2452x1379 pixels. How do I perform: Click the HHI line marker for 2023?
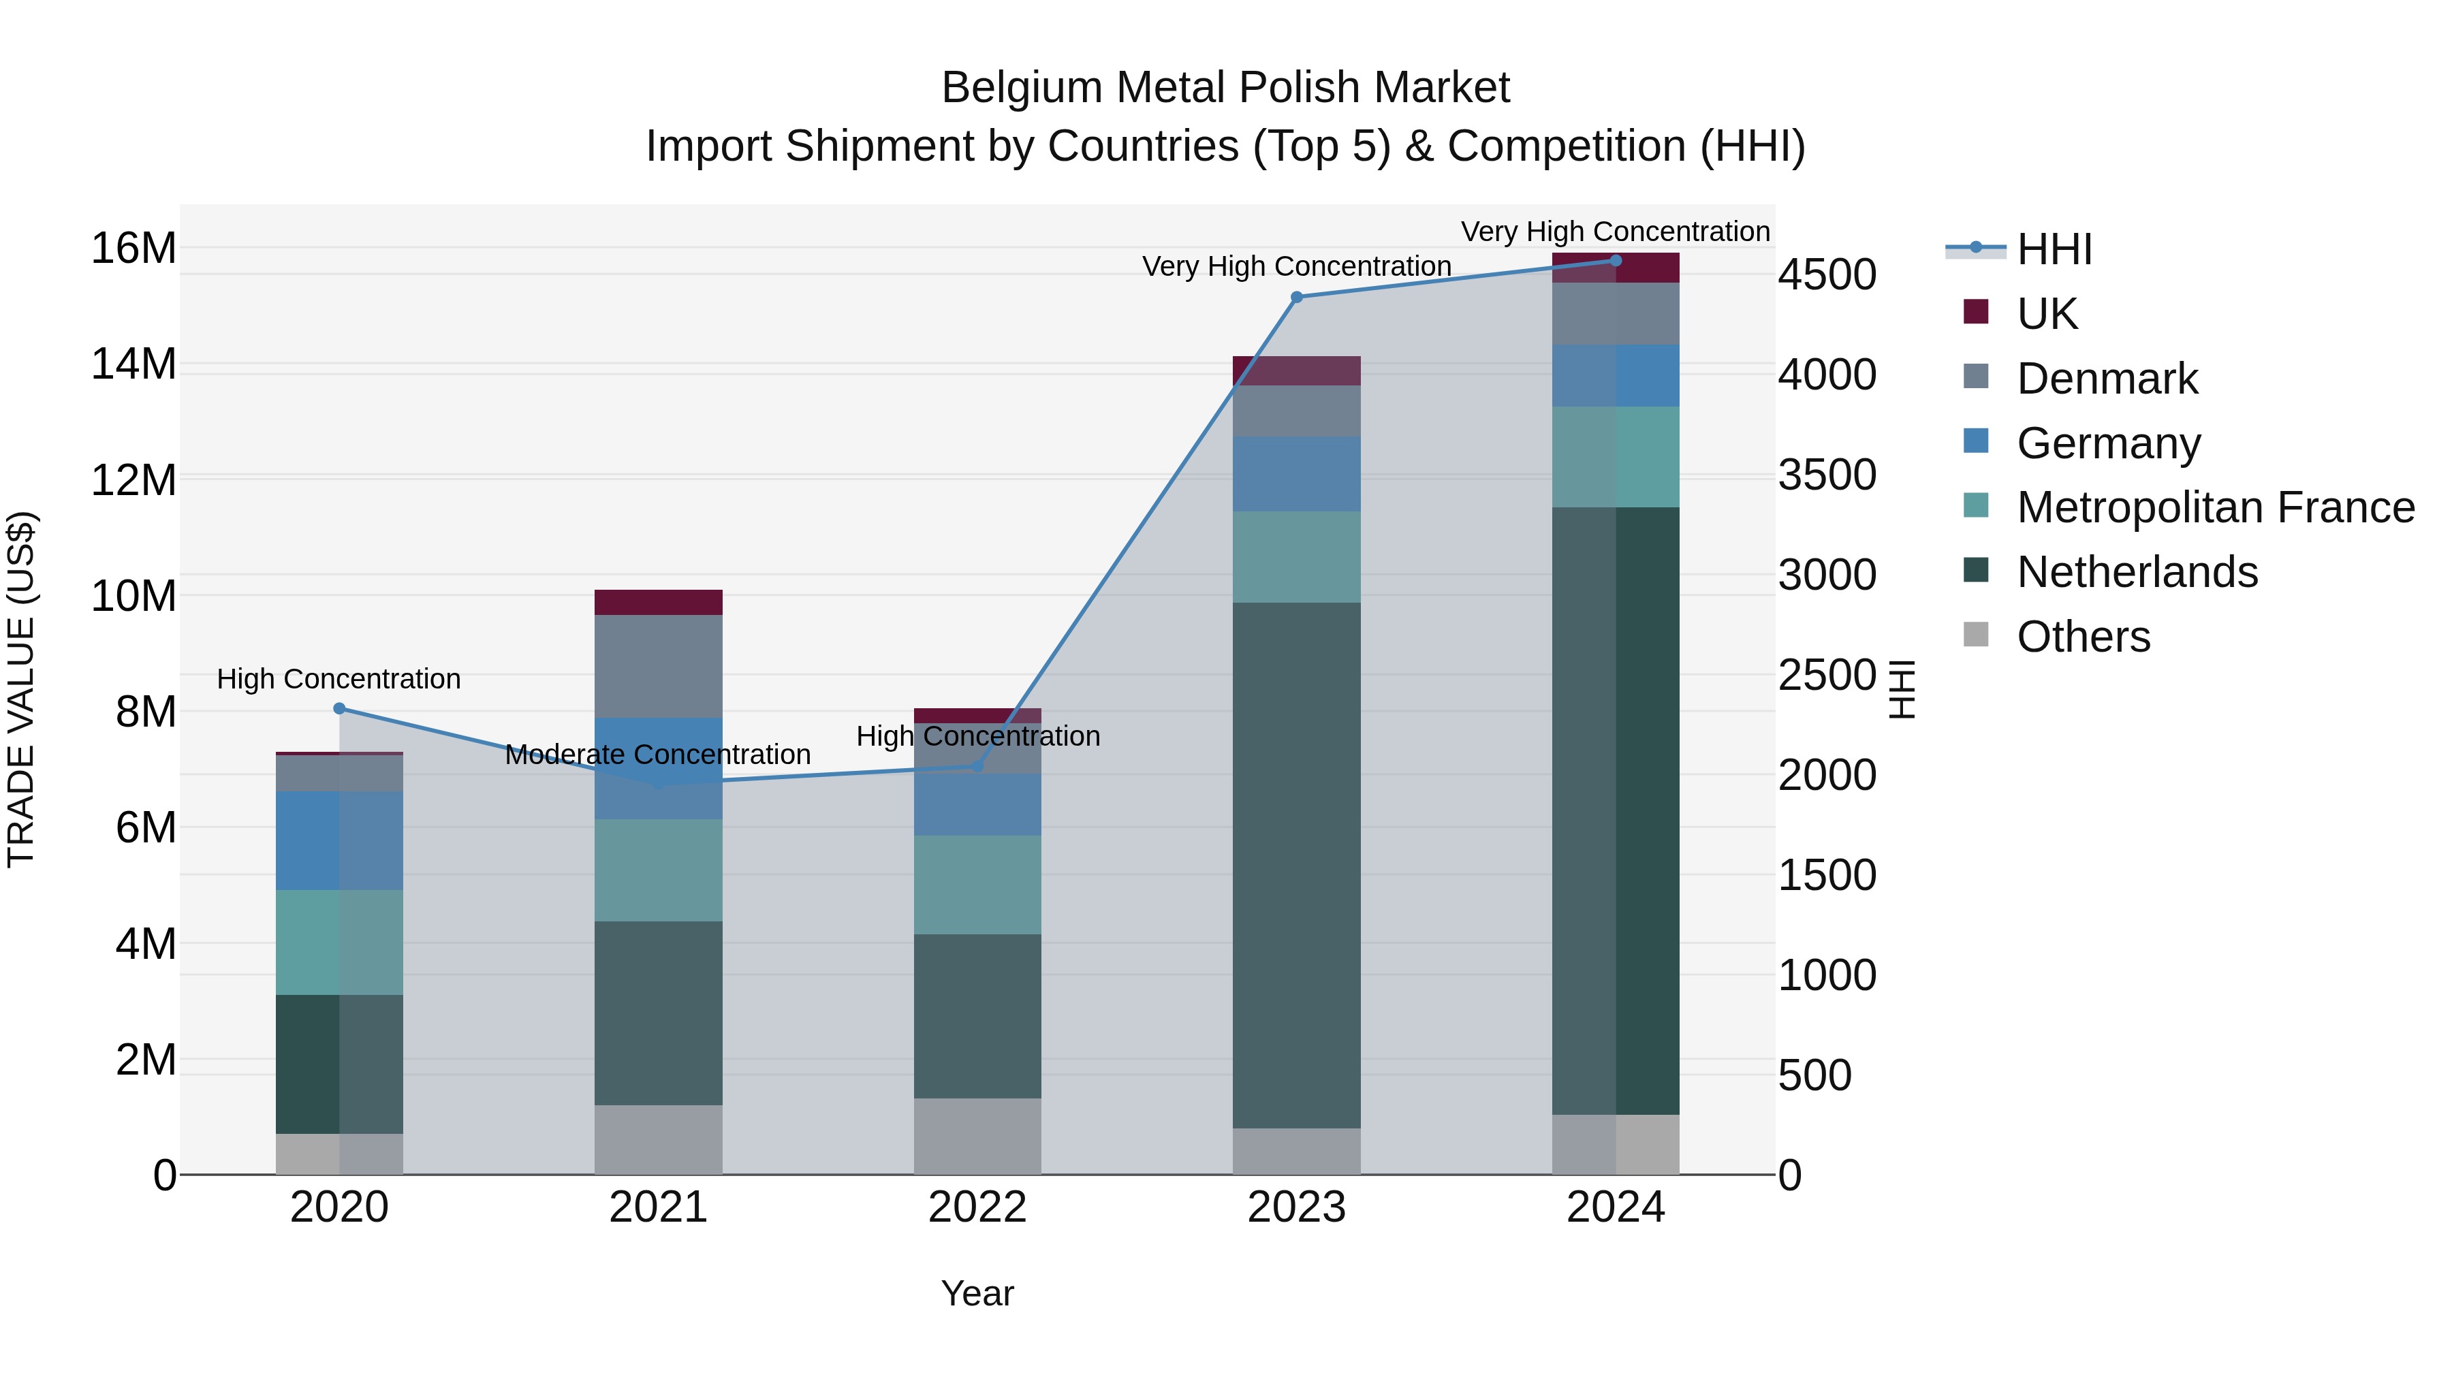pos(1295,297)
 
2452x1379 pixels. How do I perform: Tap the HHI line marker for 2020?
pos(339,708)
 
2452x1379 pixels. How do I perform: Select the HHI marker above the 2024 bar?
pos(1616,261)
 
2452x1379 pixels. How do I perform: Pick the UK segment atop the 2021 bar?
pos(658,603)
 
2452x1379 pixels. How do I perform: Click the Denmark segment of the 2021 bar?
pos(658,666)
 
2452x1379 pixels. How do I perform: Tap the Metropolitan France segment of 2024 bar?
pos(1616,457)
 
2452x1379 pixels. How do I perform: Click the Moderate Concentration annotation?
pos(658,755)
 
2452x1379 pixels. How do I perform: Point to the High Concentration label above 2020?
pos(339,680)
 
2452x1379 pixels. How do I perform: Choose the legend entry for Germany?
pos(2108,443)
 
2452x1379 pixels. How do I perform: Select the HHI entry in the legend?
pos(2054,249)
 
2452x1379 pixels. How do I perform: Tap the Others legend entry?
pos(2083,637)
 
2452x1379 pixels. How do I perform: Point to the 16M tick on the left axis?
pos(133,249)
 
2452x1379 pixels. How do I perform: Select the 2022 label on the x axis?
pos(977,1207)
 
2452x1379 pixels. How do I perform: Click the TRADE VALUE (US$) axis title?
pos(21,689)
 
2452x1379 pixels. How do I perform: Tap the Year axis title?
pos(977,1293)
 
